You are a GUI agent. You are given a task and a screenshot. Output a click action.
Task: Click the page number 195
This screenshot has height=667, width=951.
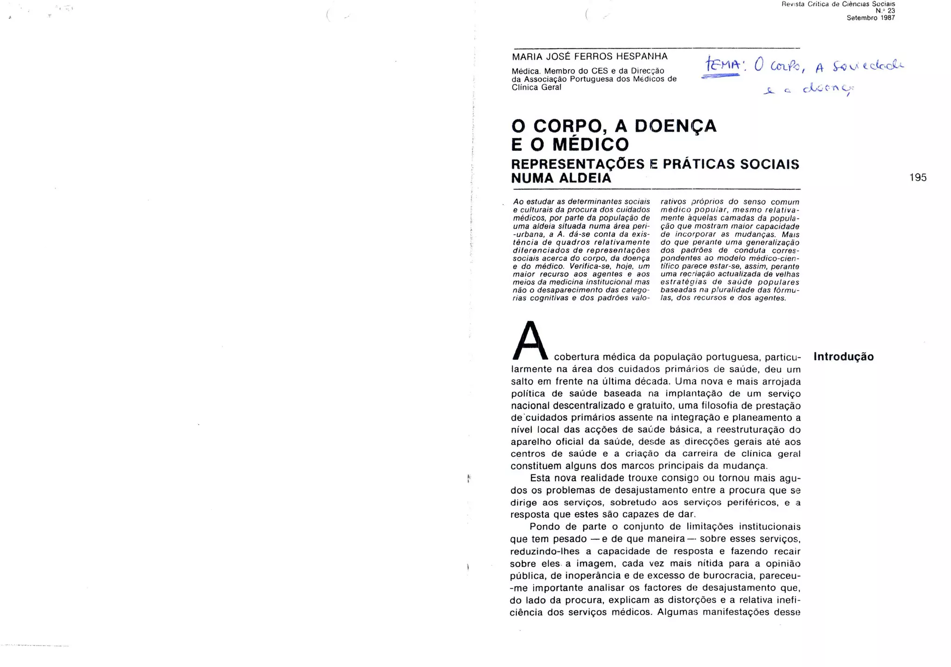pyautogui.click(x=918, y=177)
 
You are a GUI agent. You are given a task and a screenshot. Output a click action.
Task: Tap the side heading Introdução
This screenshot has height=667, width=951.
pyautogui.click(x=843, y=356)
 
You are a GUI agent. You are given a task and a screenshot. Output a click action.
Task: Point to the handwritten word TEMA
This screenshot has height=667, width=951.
pyautogui.click(x=723, y=66)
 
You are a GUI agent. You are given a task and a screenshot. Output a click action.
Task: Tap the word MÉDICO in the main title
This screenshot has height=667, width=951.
pyautogui.click(x=590, y=144)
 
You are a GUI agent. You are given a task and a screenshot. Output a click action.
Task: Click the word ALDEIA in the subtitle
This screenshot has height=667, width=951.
pyautogui.click(x=584, y=178)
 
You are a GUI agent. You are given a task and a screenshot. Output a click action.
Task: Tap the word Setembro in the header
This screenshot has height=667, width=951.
pyautogui.click(x=862, y=18)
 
